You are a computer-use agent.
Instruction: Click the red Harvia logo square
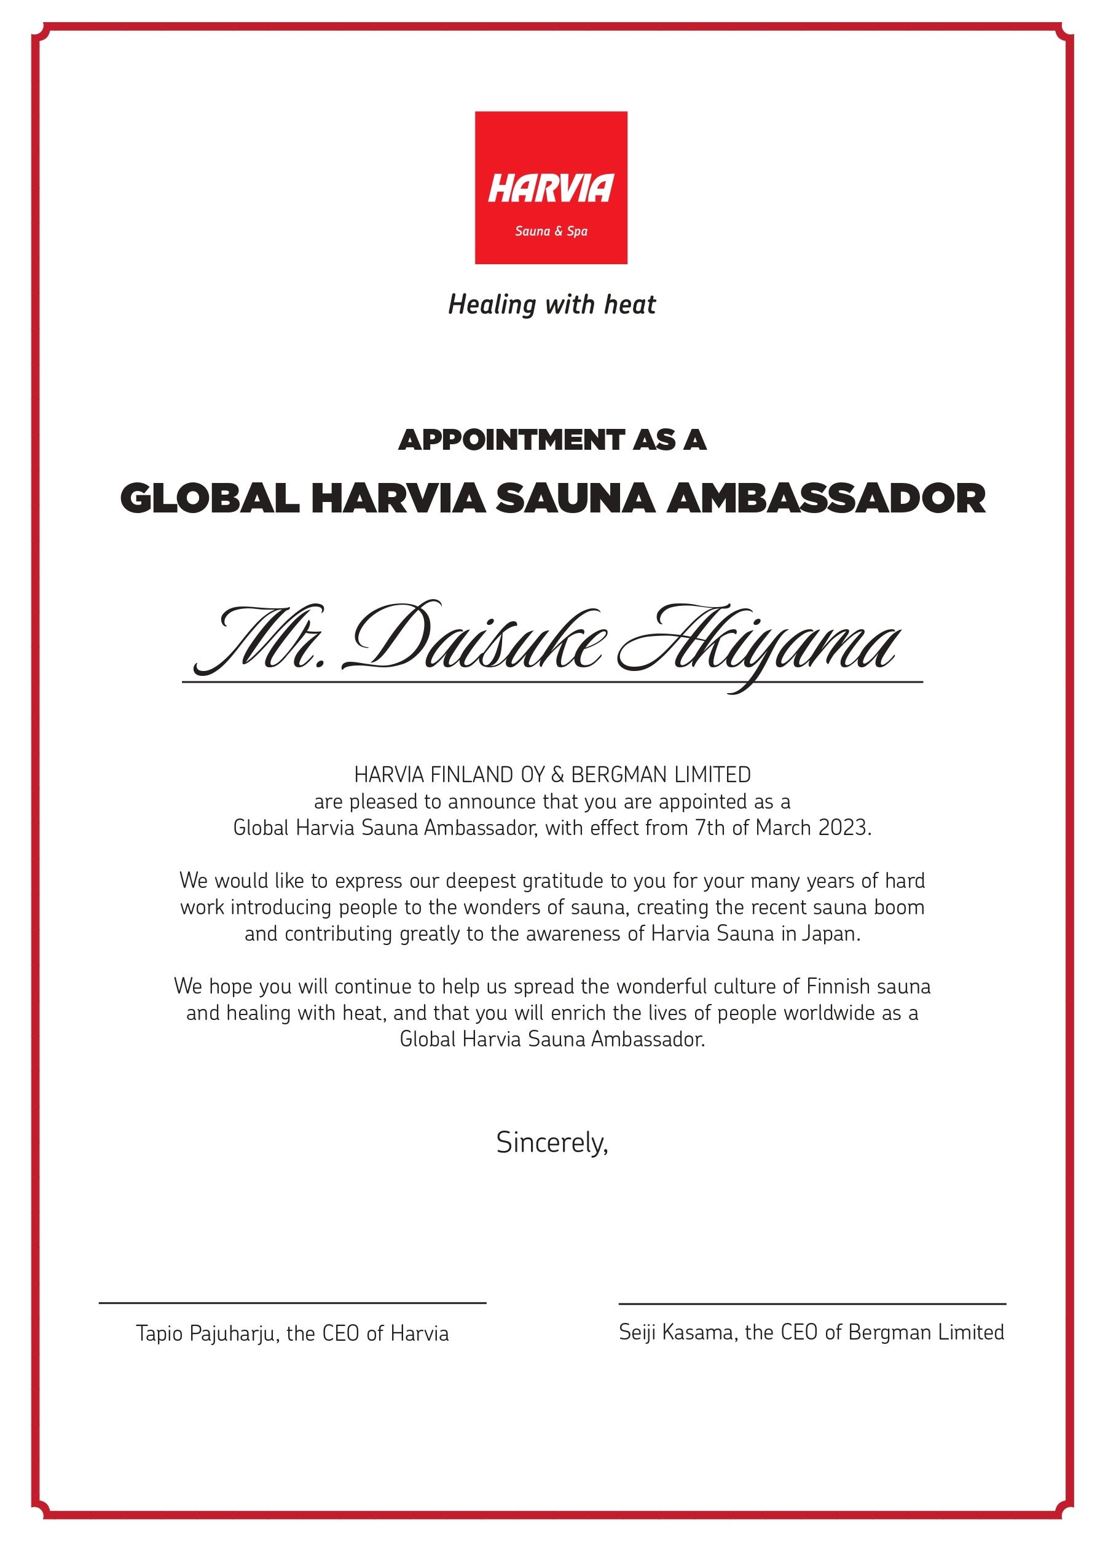click(x=551, y=187)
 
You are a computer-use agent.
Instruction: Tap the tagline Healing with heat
click(x=551, y=305)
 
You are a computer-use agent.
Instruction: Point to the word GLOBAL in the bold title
click(x=210, y=498)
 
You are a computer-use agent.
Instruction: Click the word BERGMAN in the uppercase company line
click(x=613, y=774)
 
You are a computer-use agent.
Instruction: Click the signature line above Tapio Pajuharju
click(x=293, y=1302)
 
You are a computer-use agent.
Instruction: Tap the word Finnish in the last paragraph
click(x=837, y=986)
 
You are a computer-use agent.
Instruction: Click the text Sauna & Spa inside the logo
click(x=551, y=232)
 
